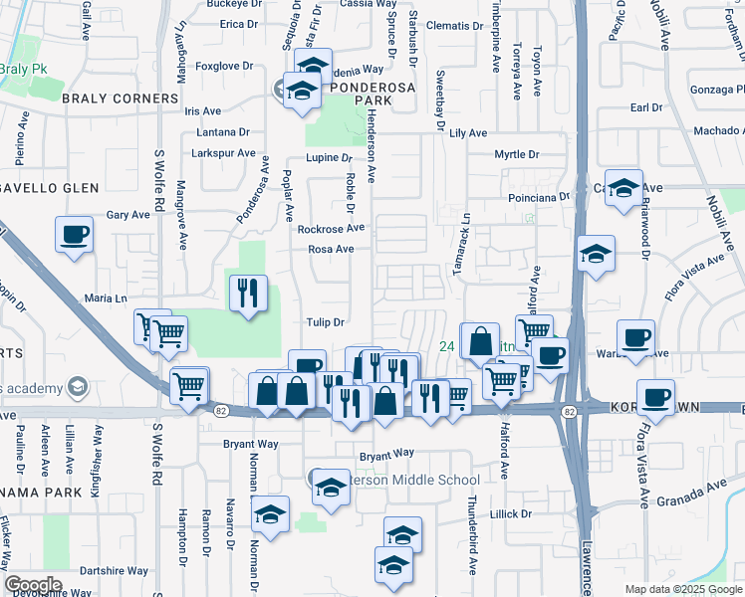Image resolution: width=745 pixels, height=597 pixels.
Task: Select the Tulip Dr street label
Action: (325, 322)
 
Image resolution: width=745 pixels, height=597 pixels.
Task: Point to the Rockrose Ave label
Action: (332, 229)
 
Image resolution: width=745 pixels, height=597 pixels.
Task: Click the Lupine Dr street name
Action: (330, 158)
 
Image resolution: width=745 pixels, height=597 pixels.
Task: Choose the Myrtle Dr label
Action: (517, 155)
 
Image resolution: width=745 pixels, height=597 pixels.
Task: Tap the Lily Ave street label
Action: (468, 133)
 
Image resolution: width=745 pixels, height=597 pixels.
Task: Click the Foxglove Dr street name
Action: (221, 68)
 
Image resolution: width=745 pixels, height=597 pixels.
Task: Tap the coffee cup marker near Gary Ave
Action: (75, 235)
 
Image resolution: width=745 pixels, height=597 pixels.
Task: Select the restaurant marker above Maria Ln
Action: (248, 293)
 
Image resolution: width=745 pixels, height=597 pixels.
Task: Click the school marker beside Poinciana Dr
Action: (623, 188)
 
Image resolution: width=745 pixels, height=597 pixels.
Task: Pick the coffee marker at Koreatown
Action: (655, 397)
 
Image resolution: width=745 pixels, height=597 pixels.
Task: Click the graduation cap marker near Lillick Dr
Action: (402, 534)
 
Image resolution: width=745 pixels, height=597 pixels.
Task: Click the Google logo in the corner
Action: (33, 585)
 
